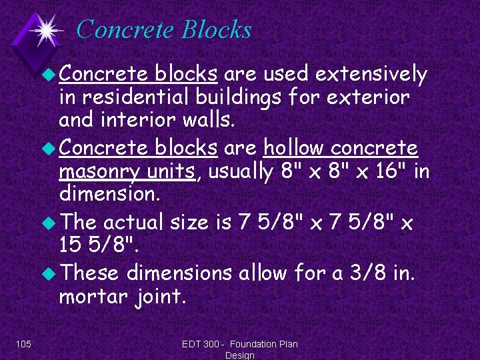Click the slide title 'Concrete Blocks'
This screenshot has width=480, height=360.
click(x=164, y=29)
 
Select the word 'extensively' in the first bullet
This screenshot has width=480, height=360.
click(x=372, y=75)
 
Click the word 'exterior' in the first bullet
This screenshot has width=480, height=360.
click(x=367, y=98)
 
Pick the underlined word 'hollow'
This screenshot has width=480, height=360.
click(x=294, y=148)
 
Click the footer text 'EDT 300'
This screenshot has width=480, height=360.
click(x=203, y=344)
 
